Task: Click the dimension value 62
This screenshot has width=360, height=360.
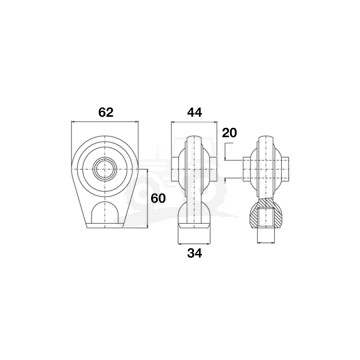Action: [x=106, y=113]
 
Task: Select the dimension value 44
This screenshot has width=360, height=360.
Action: [x=194, y=113]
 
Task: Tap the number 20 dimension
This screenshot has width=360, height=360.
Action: [x=229, y=133]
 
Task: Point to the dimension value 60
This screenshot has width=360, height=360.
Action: [x=158, y=198]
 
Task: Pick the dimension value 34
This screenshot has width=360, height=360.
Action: [x=194, y=253]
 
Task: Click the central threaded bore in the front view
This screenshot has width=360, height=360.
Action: [x=105, y=169]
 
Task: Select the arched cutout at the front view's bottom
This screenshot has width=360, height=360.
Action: [x=105, y=213]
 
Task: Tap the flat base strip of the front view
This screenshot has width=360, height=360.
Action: [x=105, y=226]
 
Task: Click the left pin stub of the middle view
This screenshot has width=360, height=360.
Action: [x=175, y=169]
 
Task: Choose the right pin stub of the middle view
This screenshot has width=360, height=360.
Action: [x=213, y=169]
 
